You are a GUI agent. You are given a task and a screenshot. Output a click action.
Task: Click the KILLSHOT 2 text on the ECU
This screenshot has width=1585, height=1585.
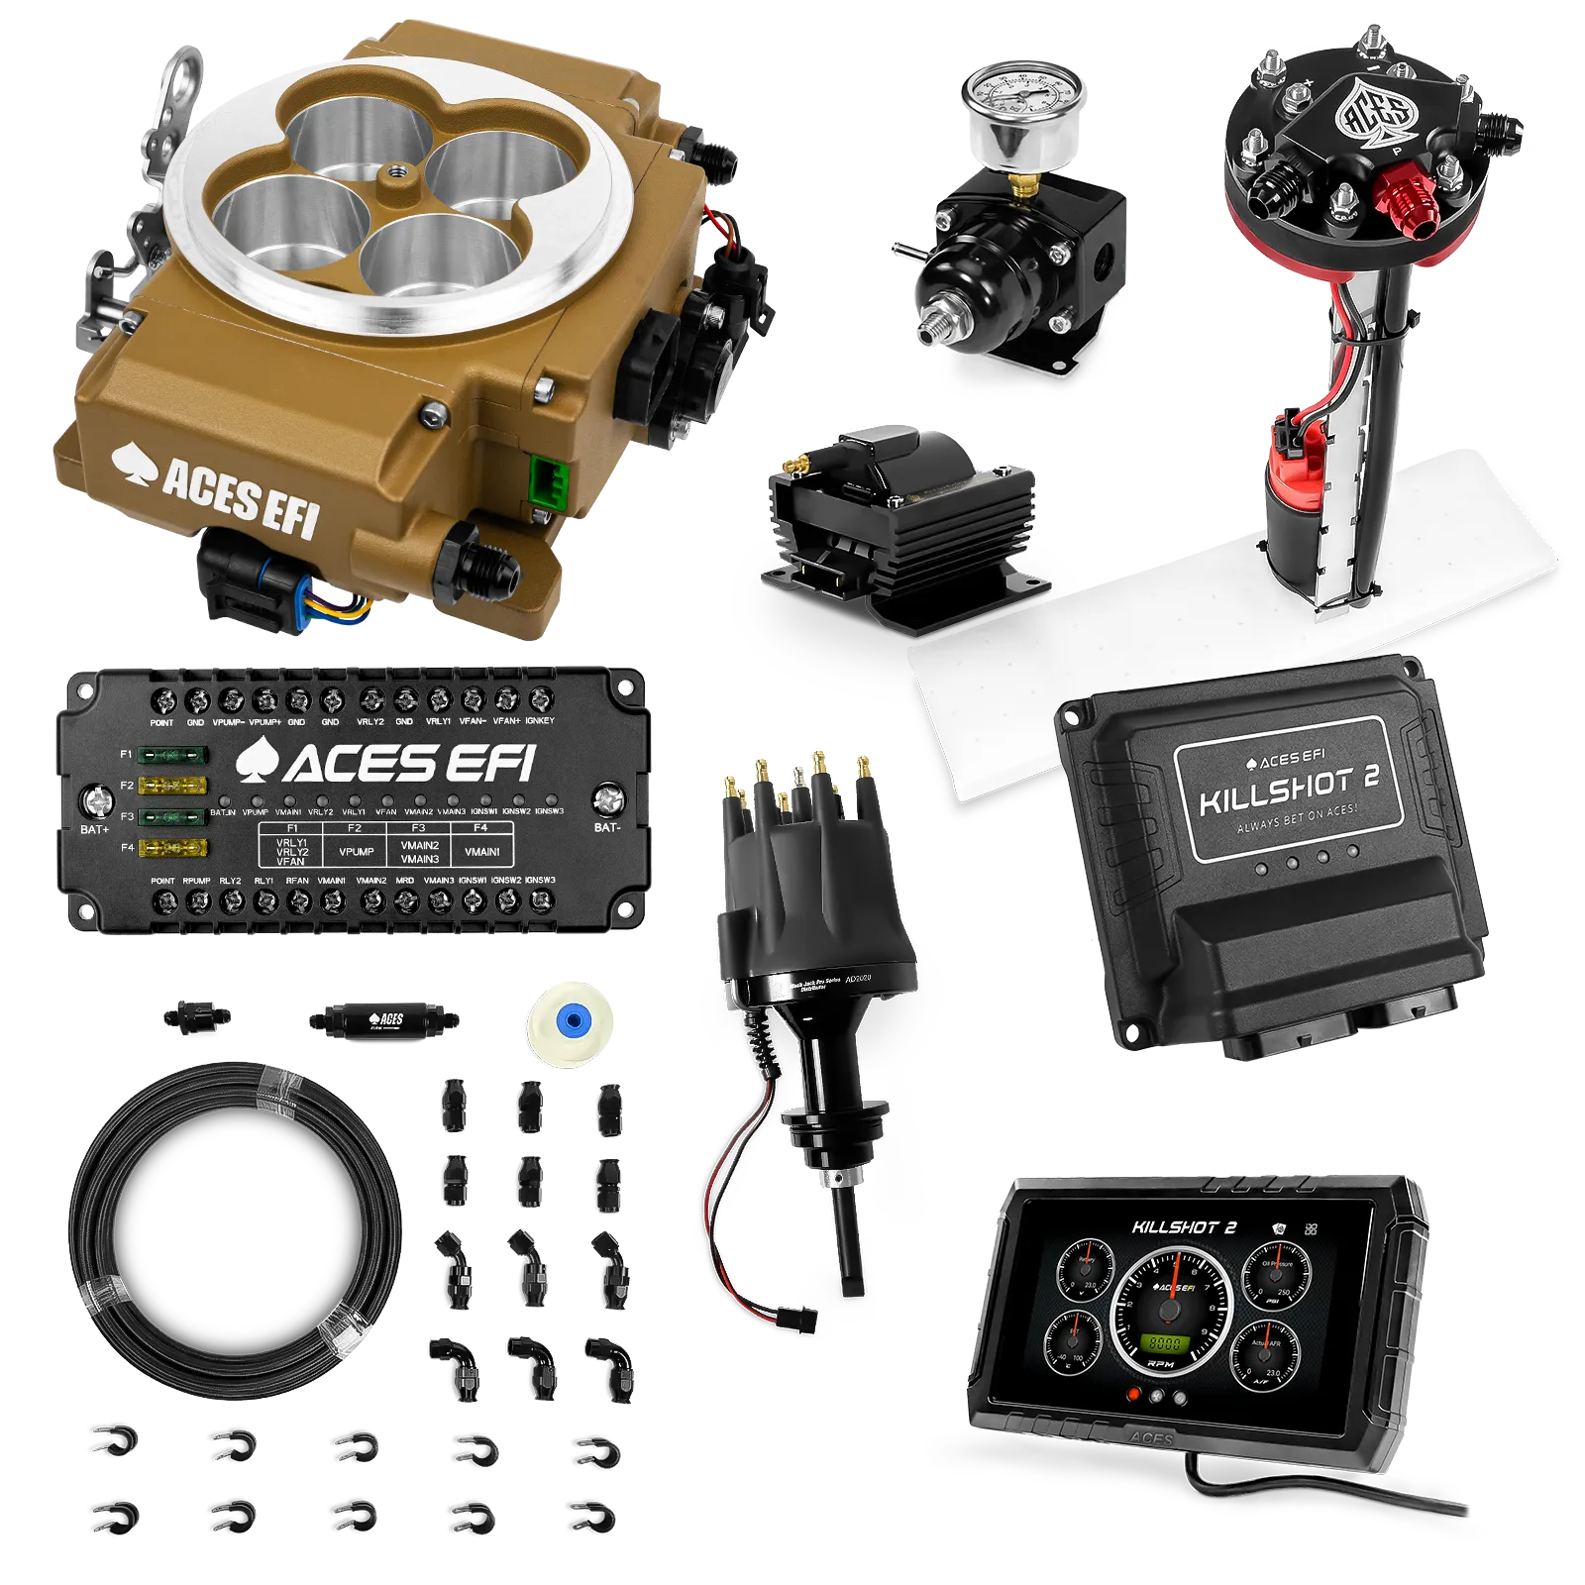pos(1288,786)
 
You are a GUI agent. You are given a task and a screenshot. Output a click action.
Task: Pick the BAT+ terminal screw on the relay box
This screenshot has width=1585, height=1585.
pos(95,800)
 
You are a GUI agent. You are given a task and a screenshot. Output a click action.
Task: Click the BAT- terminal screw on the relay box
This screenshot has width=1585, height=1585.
pos(608,799)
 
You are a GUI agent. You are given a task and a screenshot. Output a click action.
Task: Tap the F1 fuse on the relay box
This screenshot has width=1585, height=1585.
pos(172,756)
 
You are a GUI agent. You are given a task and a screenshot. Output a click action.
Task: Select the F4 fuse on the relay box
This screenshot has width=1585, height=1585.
pos(172,848)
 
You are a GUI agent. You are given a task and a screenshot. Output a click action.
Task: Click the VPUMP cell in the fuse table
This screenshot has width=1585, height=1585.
pos(356,851)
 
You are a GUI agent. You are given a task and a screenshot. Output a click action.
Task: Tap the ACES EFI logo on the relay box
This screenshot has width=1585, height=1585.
pos(386,763)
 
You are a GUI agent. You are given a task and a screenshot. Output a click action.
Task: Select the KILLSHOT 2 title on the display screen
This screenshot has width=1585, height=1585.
pos(1185,1227)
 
